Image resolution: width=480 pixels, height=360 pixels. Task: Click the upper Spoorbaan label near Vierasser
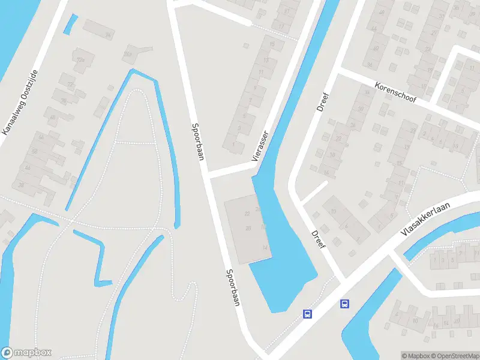[197, 142]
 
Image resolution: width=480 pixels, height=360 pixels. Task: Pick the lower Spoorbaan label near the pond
[233, 287]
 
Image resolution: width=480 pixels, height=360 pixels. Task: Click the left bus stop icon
[307, 313]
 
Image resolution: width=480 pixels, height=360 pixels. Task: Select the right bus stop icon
[345, 304]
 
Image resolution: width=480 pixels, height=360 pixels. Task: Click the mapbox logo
[26, 352]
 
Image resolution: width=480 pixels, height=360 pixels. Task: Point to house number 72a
[80, 59]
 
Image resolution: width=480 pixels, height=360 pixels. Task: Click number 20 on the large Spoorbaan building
[248, 228]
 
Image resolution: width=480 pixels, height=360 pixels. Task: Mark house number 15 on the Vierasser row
[273, 44]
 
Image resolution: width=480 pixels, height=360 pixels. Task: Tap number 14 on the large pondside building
[265, 247]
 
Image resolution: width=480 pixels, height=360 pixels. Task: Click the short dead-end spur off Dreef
[313, 192]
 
